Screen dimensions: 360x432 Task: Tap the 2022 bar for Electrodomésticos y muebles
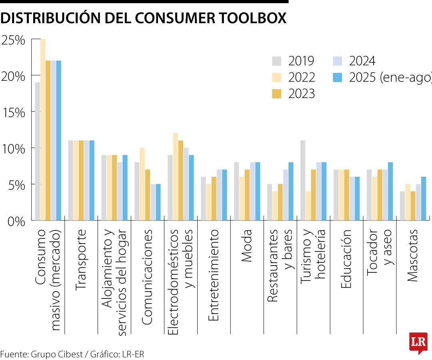pyautogui.click(x=175, y=176)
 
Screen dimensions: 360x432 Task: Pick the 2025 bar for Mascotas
pyautogui.click(x=424, y=198)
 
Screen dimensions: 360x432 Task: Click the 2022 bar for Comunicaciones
pyautogui.click(x=142, y=184)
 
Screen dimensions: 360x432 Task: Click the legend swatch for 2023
pyautogui.click(x=277, y=94)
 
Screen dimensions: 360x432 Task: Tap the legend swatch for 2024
pyautogui.click(x=338, y=61)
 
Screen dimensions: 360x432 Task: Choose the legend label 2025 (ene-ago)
pyautogui.click(x=390, y=78)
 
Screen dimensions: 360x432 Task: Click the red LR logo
pyautogui.click(x=418, y=342)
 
